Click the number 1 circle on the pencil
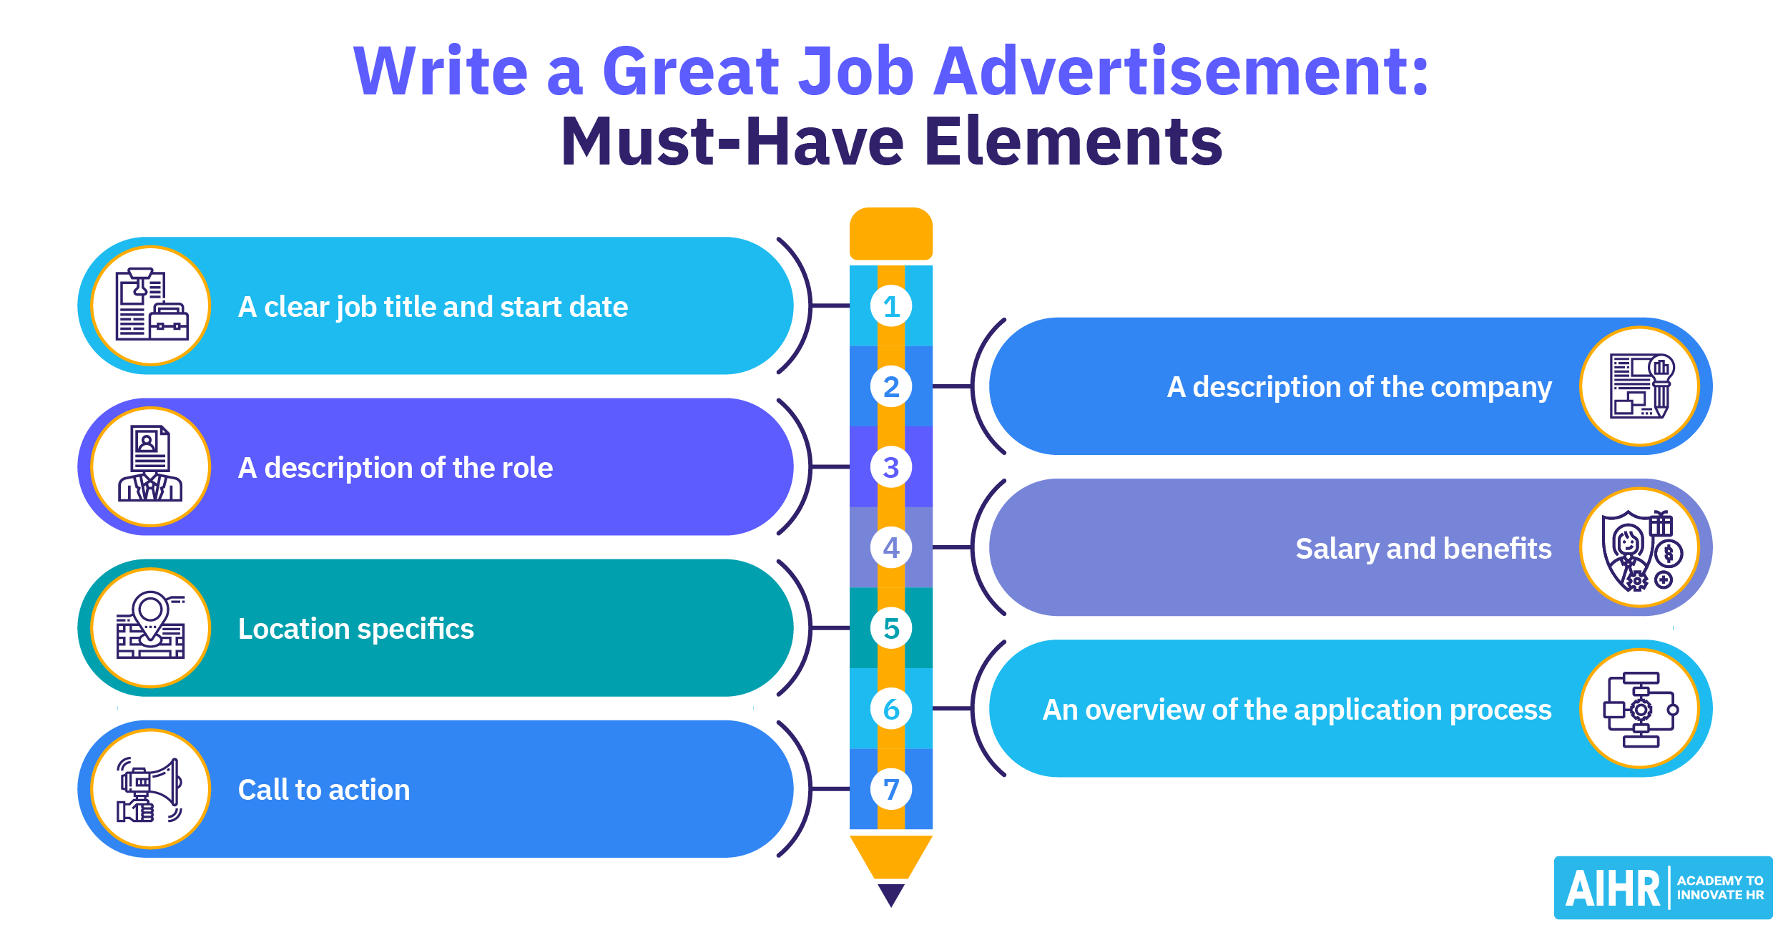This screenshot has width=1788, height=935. pyautogui.click(x=891, y=306)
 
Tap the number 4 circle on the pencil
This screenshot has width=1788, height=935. pyautogui.click(x=891, y=547)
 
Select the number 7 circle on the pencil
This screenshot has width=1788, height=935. pyautogui.click(x=891, y=789)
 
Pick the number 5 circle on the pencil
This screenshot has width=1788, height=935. pyautogui.click(x=891, y=628)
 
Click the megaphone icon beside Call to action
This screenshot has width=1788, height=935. pyautogui.click(x=150, y=790)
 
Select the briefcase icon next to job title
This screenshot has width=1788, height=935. pyautogui.click(x=169, y=321)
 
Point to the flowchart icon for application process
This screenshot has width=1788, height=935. pyautogui.click(x=1641, y=710)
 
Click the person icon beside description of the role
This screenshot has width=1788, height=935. pyautogui.click(x=150, y=464)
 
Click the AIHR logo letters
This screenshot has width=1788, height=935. pyautogui.click(x=1613, y=889)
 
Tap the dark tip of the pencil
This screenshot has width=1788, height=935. pyautogui.click(x=891, y=895)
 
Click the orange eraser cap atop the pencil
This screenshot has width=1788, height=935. pyautogui.click(x=891, y=234)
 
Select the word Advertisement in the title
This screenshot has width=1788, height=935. pyautogui.click(x=1182, y=71)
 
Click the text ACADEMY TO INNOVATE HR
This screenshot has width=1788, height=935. pyautogui.click(x=1720, y=888)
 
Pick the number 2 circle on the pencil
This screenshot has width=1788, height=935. pyautogui.click(x=891, y=386)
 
